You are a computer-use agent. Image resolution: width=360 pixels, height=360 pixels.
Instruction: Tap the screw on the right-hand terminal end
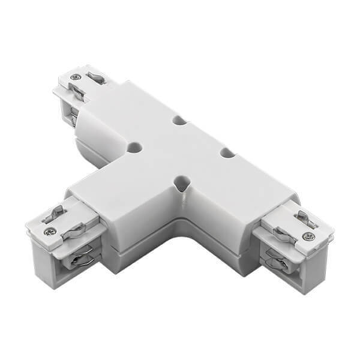[x=308, y=236]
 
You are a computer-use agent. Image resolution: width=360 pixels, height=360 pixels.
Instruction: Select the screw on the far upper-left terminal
[x=74, y=77]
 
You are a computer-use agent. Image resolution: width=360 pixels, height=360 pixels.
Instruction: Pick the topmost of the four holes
[x=179, y=120]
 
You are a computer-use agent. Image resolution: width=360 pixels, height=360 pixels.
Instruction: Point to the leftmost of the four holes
[x=134, y=146]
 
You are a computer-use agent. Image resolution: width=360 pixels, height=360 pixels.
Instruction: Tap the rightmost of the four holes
[x=227, y=153]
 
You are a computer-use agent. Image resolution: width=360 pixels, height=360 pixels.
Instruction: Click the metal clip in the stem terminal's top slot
[x=56, y=212]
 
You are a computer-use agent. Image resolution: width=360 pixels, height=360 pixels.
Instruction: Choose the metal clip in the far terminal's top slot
[x=96, y=77]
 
